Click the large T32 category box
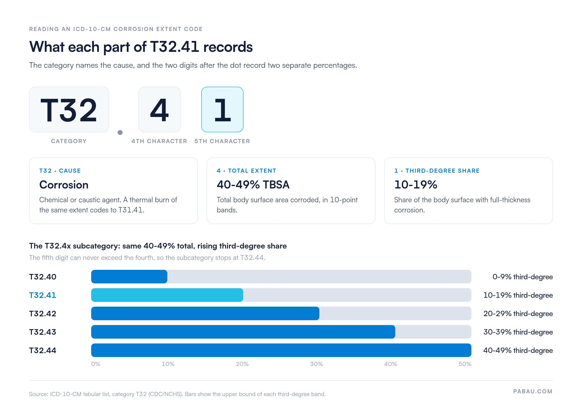(69, 109)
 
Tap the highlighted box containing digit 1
(222, 109)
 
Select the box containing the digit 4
(159, 109)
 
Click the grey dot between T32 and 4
(120, 132)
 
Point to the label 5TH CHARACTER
(222, 141)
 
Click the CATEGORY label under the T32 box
(69, 141)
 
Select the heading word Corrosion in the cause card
(64, 185)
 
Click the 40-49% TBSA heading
(253, 185)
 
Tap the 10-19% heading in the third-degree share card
(416, 185)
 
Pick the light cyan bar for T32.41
(167, 295)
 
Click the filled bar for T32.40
(129, 277)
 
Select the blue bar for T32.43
(243, 332)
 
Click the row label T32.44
(43, 350)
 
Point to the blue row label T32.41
(43, 295)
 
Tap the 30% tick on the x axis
(316, 364)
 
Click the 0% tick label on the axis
(96, 364)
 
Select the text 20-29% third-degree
(518, 314)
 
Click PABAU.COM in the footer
(533, 391)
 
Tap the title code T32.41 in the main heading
(175, 47)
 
